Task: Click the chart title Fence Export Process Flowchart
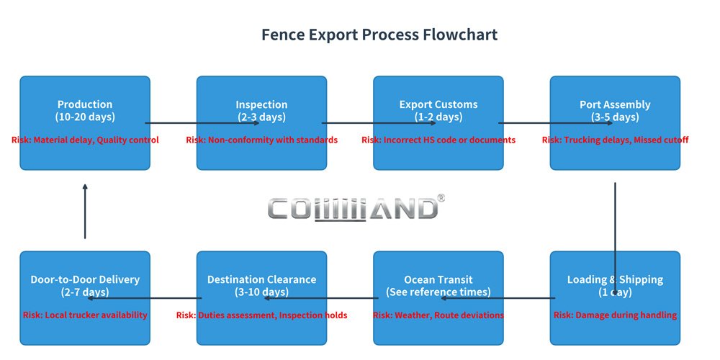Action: pos(379,35)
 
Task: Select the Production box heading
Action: pos(85,104)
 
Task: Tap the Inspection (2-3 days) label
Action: pos(261,111)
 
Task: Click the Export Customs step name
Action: pos(438,104)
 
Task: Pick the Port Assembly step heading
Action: pos(615,104)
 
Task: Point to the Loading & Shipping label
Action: pos(615,279)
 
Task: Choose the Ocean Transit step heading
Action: pos(438,279)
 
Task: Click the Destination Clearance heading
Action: pos(261,279)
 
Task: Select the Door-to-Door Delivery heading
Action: pos(85,279)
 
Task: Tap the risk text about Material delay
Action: pos(85,140)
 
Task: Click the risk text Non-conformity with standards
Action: pos(261,140)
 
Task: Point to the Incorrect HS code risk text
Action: pos(438,140)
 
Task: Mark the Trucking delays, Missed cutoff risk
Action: pos(615,140)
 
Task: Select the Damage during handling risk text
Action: pos(615,315)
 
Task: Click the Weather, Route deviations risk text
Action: pos(438,315)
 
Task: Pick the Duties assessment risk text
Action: pos(261,315)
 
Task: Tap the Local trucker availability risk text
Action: pos(85,315)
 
